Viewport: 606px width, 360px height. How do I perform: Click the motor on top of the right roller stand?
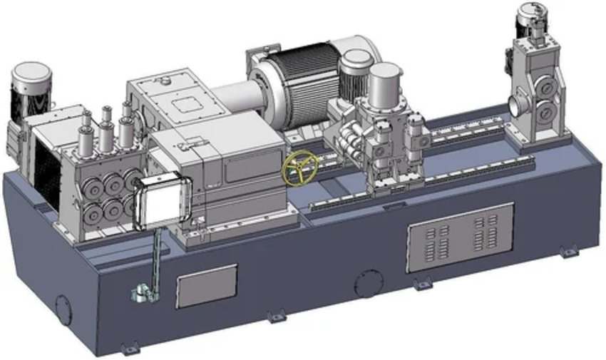[537, 21]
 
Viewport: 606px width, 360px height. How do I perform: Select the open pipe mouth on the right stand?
[515, 106]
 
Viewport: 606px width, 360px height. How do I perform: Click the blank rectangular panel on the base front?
[206, 286]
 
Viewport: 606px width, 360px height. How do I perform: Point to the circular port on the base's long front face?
[369, 284]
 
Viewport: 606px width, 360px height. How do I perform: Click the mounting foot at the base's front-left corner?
[129, 349]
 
